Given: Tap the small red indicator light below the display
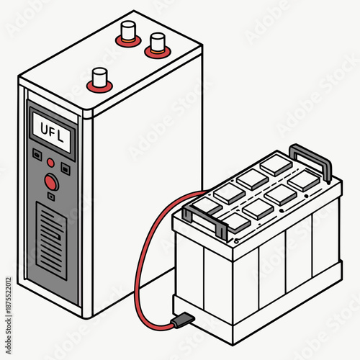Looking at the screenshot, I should (50, 161).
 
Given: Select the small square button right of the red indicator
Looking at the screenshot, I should (65, 168).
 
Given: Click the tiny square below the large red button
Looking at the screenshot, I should (51, 196).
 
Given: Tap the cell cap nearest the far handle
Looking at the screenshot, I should (276, 165).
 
